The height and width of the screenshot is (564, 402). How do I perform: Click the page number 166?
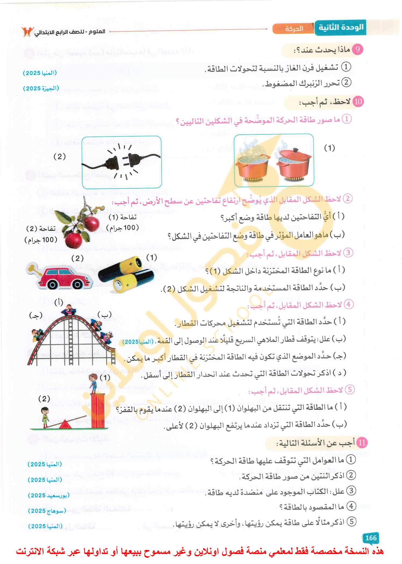371,538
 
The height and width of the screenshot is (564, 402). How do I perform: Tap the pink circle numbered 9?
357,50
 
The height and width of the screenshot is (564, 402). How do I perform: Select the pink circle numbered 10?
358,101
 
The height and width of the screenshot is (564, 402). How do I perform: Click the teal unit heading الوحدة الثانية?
341,27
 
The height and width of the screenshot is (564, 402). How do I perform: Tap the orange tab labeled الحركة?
294,29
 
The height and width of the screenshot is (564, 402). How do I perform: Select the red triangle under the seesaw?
64,425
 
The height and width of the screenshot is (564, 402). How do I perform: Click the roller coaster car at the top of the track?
69,311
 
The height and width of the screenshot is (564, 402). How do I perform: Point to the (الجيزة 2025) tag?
41,88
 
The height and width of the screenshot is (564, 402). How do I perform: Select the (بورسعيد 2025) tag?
49,495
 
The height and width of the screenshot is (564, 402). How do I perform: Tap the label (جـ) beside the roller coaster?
36,316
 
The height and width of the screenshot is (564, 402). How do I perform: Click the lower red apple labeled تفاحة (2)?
73,240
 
